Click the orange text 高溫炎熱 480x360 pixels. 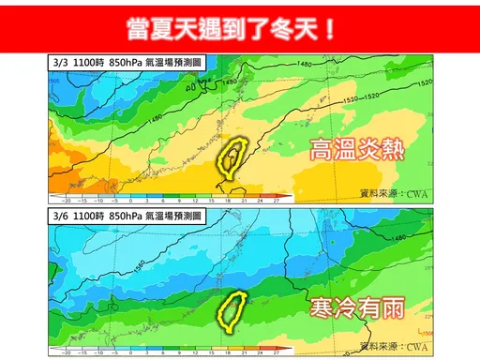356,150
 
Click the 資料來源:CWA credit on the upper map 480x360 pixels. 394,194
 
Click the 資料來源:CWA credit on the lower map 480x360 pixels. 394,348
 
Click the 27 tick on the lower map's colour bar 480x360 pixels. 277,355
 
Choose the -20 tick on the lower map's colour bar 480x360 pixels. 67,355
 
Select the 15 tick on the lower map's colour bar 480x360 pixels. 215,355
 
